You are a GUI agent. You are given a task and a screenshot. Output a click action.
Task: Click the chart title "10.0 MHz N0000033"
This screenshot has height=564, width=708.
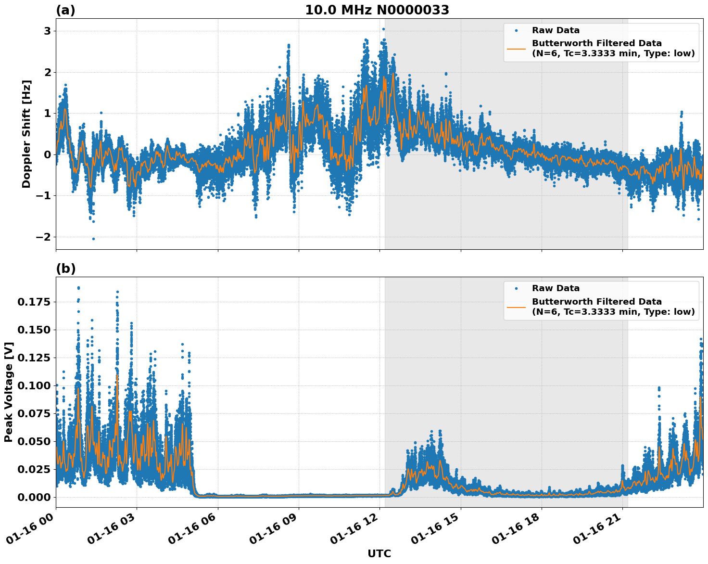pyautogui.click(x=377, y=10)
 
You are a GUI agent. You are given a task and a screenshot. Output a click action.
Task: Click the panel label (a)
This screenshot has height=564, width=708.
pyautogui.click(x=65, y=10)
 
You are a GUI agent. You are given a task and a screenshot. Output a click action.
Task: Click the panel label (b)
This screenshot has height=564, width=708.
pyautogui.click(x=66, y=269)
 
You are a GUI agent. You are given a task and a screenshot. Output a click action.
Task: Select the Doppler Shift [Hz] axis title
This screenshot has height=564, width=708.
pyautogui.click(x=26, y=134)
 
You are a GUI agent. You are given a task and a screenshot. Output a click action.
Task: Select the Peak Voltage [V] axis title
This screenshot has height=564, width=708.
pyautogui.click(x=9, y=392)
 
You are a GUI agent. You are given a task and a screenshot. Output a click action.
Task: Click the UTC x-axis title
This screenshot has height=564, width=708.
pyautogui.click(x=379, y=553)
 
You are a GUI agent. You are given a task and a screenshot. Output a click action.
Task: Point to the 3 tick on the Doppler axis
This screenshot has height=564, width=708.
pyautogui.click(x=47, y=31)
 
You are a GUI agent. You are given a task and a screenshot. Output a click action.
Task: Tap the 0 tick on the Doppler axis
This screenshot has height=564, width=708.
pyautogui.click(x=47, y=154)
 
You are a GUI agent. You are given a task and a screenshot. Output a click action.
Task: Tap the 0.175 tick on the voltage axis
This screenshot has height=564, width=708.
pyautogui.click(x=34, y=302)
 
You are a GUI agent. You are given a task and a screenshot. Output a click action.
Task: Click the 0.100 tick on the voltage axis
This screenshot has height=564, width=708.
pyautogui.click(x=34, y=385)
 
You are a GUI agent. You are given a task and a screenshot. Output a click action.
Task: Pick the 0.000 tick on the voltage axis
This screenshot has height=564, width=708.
pyautogui.click(x=34, y=497)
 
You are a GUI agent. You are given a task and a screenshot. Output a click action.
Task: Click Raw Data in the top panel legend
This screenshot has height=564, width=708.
pyautogui.click(x=556, y=30)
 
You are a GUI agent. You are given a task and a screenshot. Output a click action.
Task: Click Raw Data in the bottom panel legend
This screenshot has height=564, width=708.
pyautogui.click(x=556, y=288)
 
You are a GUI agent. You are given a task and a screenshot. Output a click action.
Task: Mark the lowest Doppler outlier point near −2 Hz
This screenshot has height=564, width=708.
pyautogui.click(x=93, y=239)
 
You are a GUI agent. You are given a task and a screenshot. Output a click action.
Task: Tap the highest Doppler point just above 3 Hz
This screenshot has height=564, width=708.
pyautogui.click(x=383, y=29)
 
